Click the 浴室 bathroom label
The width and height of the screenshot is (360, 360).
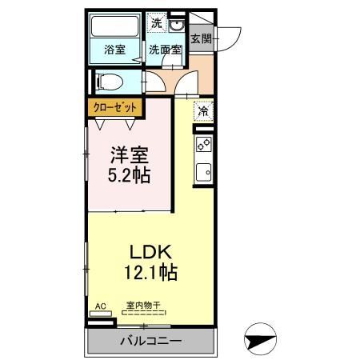coord(114,50)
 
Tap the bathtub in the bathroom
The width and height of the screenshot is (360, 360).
coord(115,26)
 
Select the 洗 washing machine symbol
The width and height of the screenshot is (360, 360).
coord(157,23)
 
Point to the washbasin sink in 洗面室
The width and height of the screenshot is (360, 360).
coord(176,26)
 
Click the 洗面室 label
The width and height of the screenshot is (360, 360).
coord(166,50)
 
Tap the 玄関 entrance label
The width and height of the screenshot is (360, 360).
coord(202,39)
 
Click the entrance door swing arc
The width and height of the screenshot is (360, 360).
coord(234,40)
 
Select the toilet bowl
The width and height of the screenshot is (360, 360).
coord(110,82)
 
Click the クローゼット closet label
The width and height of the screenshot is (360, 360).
coord(114,107)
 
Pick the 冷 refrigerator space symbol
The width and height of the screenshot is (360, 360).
coord(204,111)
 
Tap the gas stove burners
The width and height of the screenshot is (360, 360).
coord(204,145)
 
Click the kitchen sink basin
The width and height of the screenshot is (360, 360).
coord(204,172)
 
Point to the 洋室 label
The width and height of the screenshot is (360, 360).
coord(130,155)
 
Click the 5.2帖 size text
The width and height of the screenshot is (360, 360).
coord(129,175)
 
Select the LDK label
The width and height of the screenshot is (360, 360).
coord(150,252)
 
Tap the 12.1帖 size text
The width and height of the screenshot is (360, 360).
coord(151,272)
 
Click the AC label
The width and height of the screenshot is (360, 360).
coord(101,306)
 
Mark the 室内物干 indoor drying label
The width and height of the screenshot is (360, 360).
coord(143,305)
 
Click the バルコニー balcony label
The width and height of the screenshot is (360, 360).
coord(151,341)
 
